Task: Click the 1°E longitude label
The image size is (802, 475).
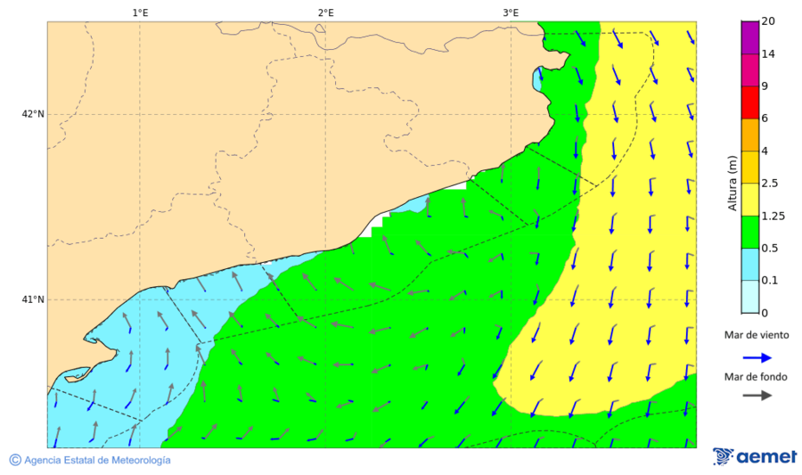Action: tap(140, 12)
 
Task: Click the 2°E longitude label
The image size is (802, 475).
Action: tap(325, 12)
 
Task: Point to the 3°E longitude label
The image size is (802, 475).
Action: tap(511, 12)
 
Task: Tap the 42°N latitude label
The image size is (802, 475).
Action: tap(33, 114)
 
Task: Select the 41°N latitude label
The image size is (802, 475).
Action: tap(33, 299)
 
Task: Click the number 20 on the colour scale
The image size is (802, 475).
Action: tap(768, 22)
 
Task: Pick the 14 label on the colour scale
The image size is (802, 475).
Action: tap(768, 54)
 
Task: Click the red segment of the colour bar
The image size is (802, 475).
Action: tap(749, 102)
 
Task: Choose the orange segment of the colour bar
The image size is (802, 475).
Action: tap(749, 135)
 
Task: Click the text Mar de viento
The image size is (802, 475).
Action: tap(757, 334)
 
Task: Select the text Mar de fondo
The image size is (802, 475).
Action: tap(757, 376)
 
